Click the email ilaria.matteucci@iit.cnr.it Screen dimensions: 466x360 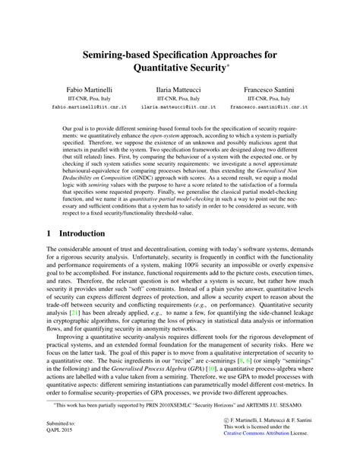pos(179,117)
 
